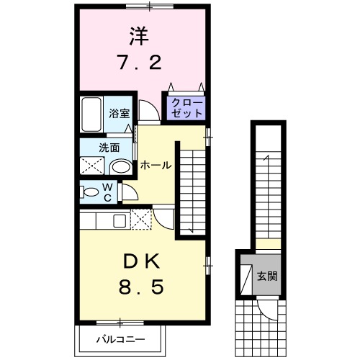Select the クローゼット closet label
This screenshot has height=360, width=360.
click(x=186, y=108)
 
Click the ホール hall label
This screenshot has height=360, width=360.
click(x=155, y=165)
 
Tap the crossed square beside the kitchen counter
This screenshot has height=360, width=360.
click(x=141, y=218)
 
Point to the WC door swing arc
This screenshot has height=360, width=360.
click(x=130, y=193)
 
